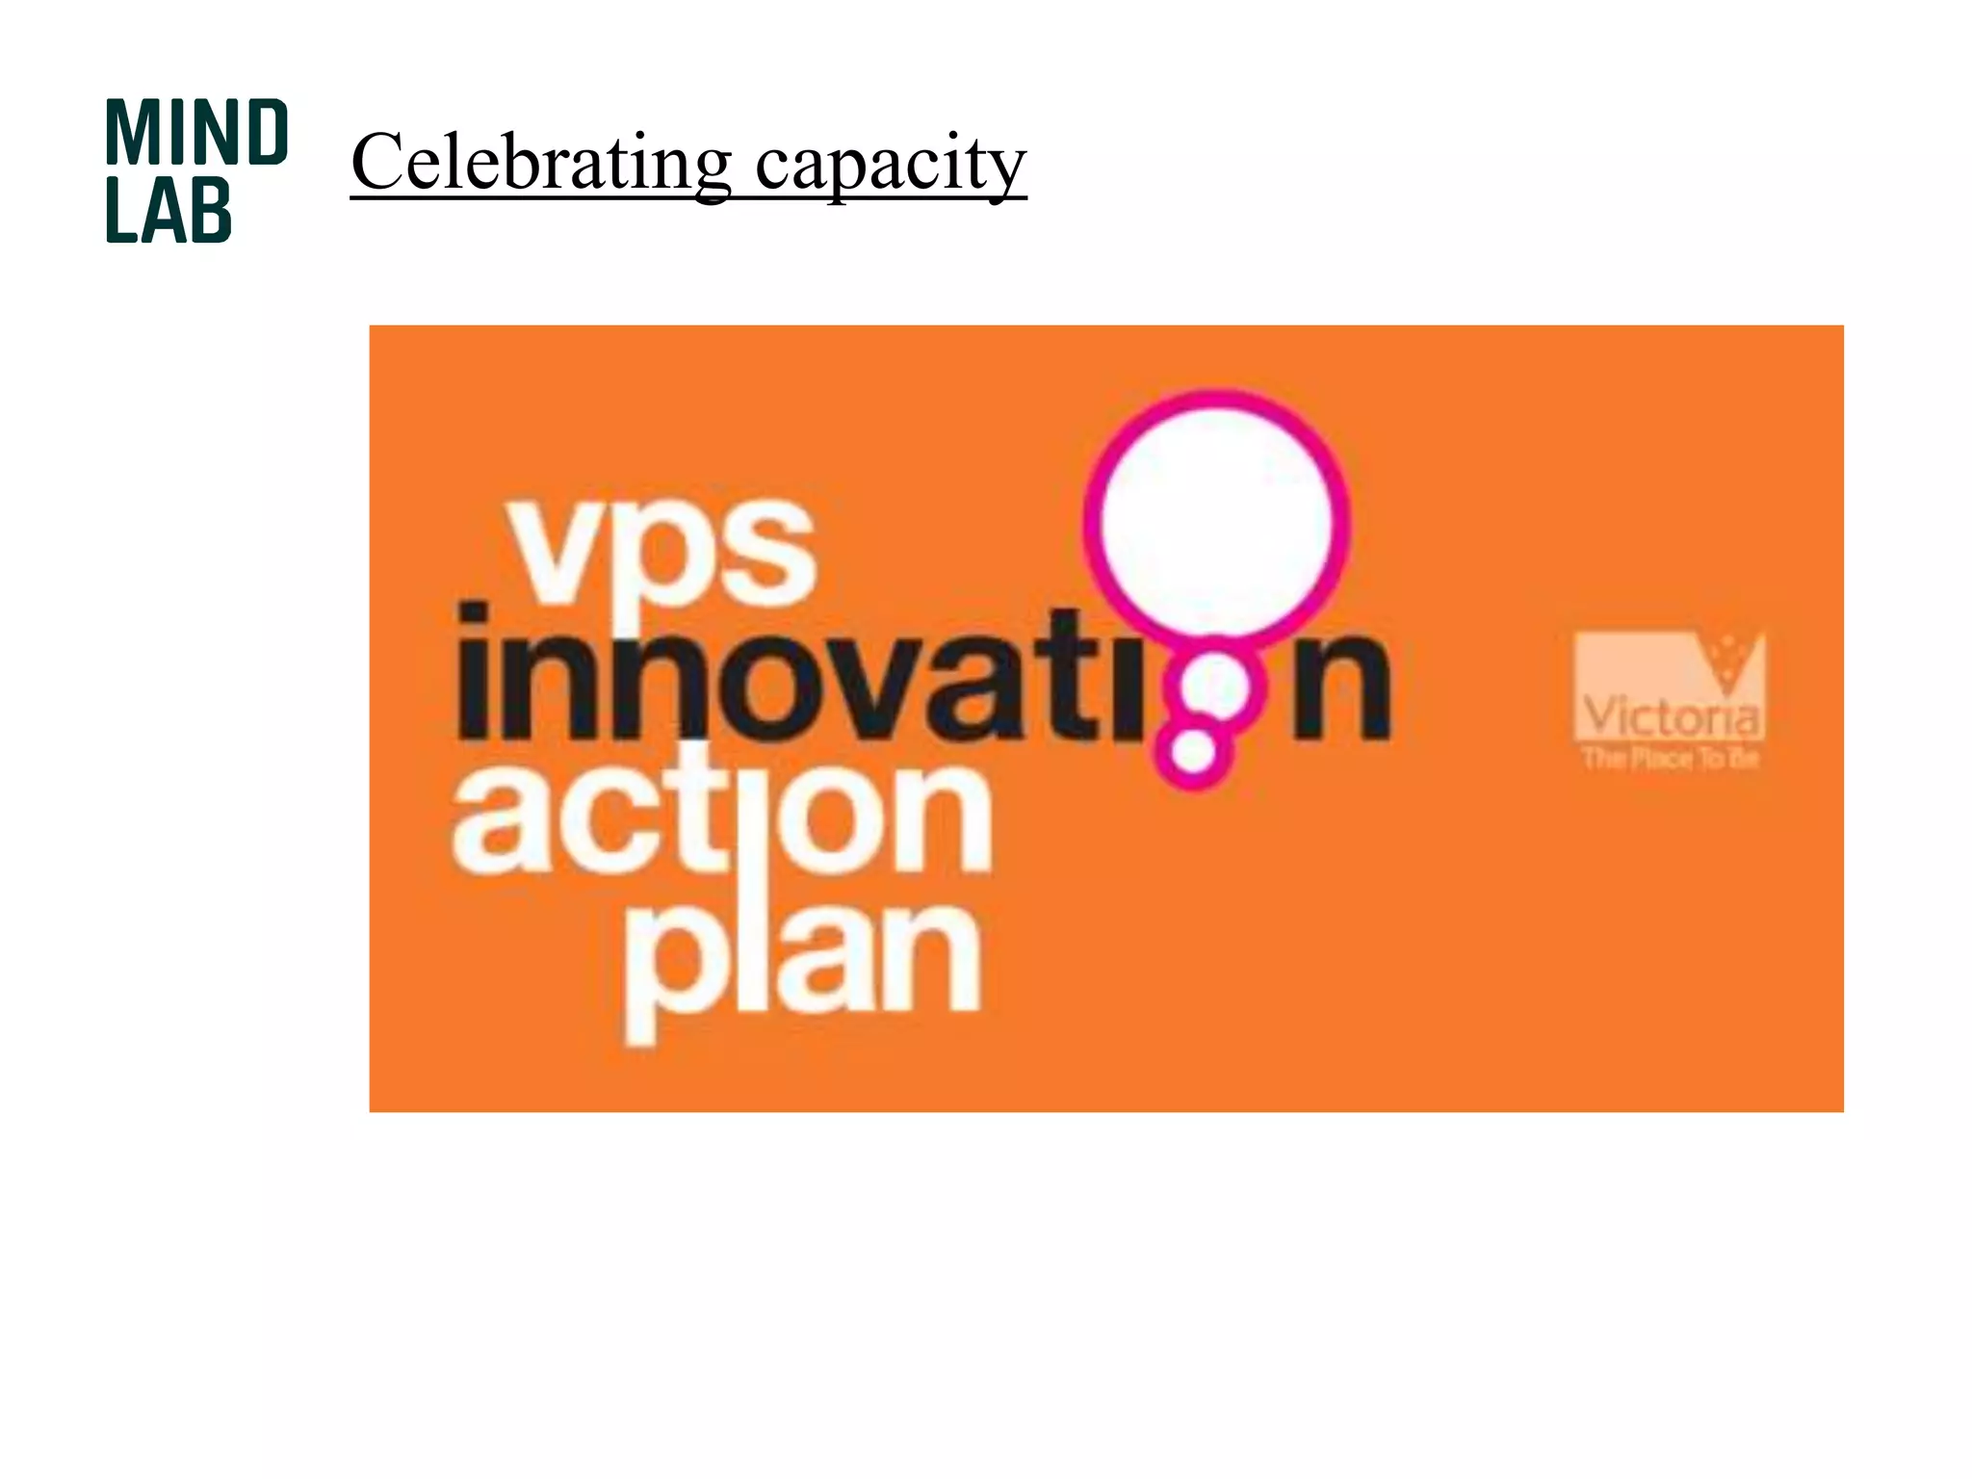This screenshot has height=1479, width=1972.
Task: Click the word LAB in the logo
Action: (x=169, y=209)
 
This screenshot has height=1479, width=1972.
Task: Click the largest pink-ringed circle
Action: (x=1216, y=519)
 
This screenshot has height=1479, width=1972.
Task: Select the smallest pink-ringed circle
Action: (x=1194, y=749)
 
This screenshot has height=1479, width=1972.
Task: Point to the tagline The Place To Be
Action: (x=1671, y=758)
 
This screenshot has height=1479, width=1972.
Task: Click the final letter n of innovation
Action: (x=1341, y=686)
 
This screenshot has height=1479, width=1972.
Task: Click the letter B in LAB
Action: (x=209, y=209)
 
